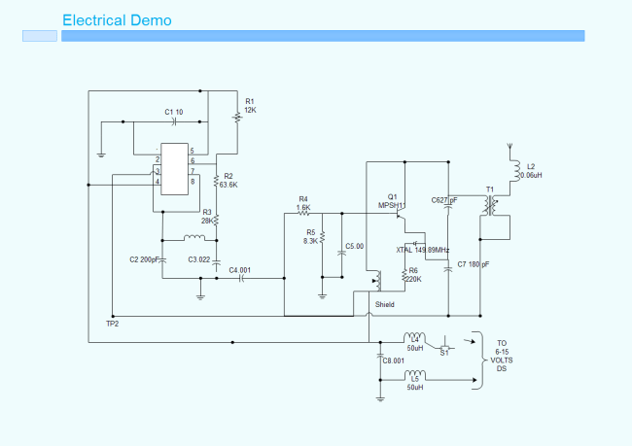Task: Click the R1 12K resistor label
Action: (250, 106)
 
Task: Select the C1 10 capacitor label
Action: (173, 112)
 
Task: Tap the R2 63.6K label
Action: (228, 180)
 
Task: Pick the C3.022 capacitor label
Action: (199, 259)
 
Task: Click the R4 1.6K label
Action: (303, 203)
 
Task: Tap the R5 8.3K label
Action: (310, 236)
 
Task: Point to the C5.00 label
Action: (354, 247)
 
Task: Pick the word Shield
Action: (385, 304)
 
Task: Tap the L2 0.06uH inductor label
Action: (530, 170)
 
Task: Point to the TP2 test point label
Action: (112, 323)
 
